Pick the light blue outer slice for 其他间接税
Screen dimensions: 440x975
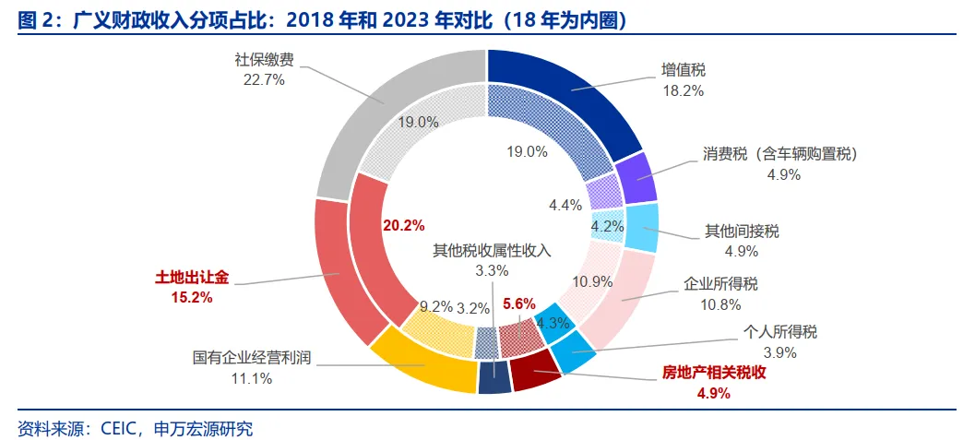[x=642, y=228]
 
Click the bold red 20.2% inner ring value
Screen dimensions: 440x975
[x=404, y=224]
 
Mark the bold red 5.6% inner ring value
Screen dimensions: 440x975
[x=518, y=303]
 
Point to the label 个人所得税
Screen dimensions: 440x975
[x=780, y=332]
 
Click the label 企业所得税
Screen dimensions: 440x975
[x=720, y=282]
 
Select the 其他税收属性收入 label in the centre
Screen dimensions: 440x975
[x=492, y=250]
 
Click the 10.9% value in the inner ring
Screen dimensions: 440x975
[x=592, y=281]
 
